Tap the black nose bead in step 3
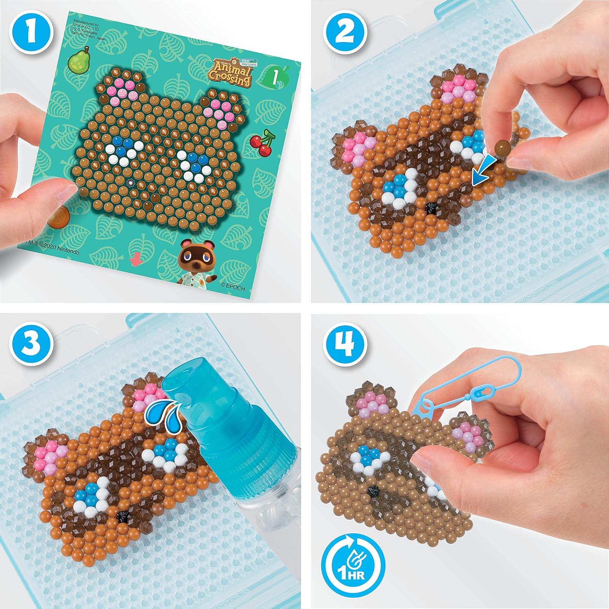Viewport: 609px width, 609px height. coord(121,514)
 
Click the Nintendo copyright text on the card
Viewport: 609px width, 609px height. coord(57,252)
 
